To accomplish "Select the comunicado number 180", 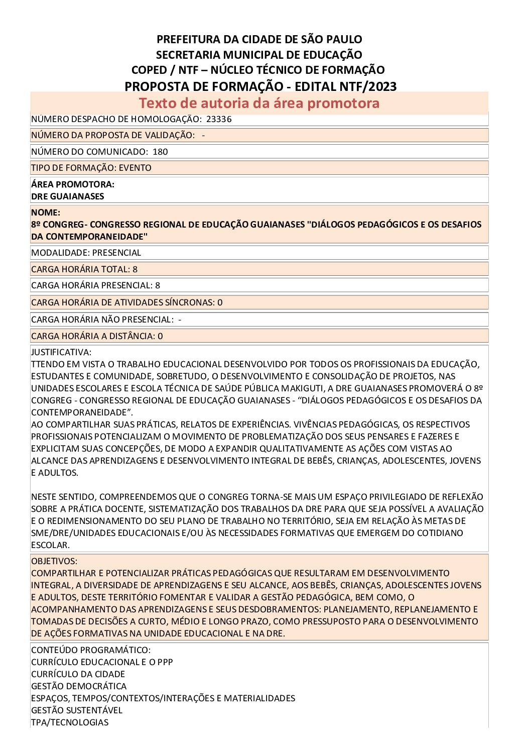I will (x=160, y=152).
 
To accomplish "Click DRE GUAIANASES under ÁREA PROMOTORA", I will (x=67, y=196).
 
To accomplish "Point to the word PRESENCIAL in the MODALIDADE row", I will (x=116, y=253).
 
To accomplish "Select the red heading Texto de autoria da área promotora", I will (x=259, y=103).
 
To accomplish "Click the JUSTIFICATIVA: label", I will (x=61, y=352).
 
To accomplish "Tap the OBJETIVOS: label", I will (x=54, y=561).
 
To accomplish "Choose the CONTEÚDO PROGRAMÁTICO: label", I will (x=91, y=650).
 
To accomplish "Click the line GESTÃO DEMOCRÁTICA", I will (x=79, y=686).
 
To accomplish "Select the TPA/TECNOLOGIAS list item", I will (x=70, y=722).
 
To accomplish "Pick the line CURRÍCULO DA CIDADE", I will (x=78, y=674).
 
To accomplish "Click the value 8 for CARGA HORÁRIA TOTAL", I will (x=135, y=269).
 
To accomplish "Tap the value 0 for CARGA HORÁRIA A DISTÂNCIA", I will (x=160, y=336).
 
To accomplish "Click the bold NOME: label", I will (x=46, y=212).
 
